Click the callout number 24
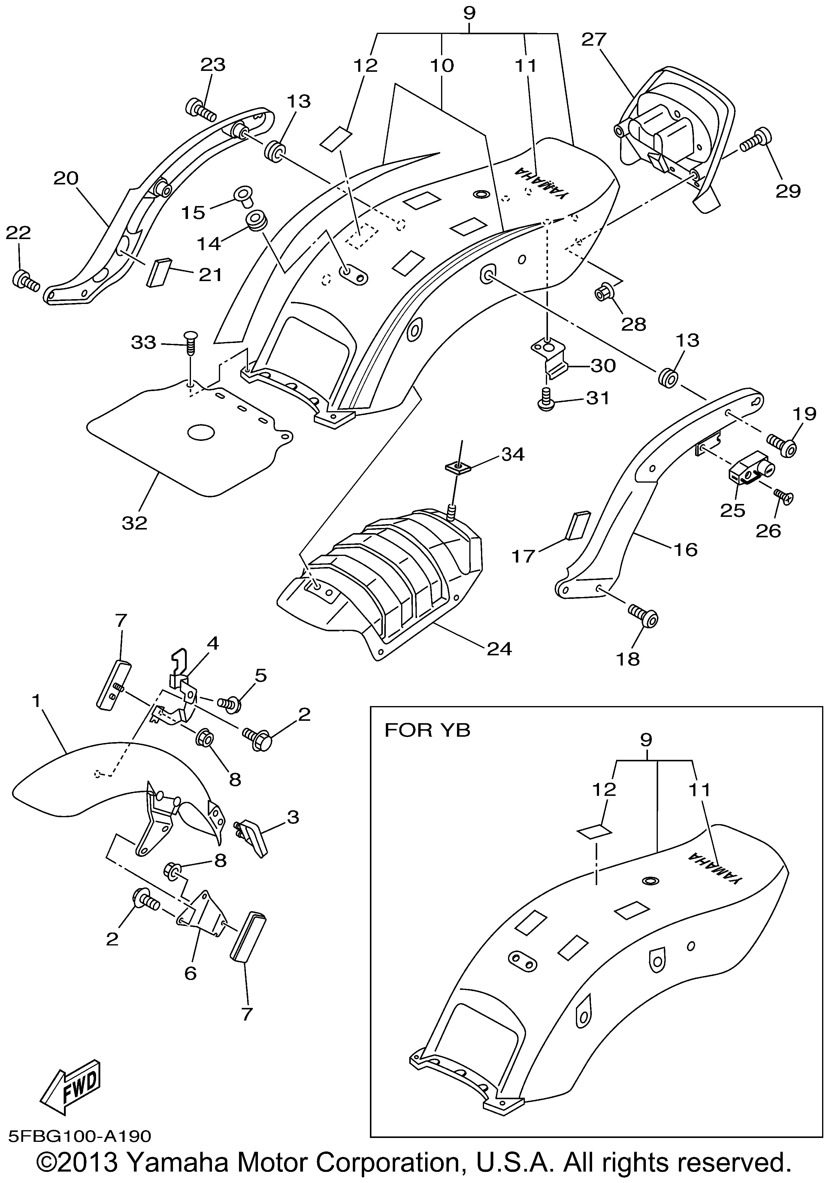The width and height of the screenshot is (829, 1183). click(x=499, y=648)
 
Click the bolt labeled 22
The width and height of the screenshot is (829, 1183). click(x=25, y=280)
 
